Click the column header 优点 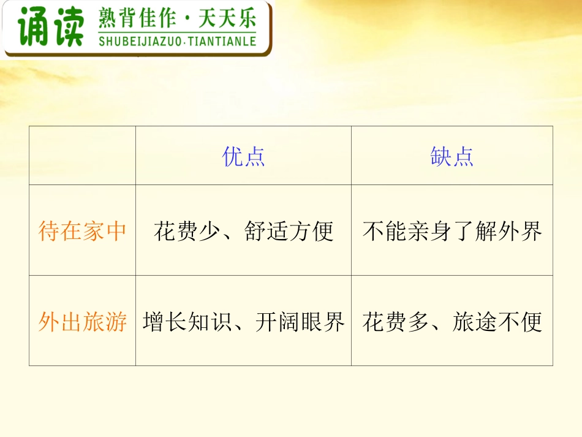(x=243, y=157)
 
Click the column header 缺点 (x=452, y=157)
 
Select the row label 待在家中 (x=82, y=232)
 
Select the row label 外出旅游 (x=82, y=322)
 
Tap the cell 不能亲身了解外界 (x=452, y=232)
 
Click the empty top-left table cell (x=82, y=156)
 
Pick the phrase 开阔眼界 (x=300, y=322)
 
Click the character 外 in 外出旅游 (x=48, y=322)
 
